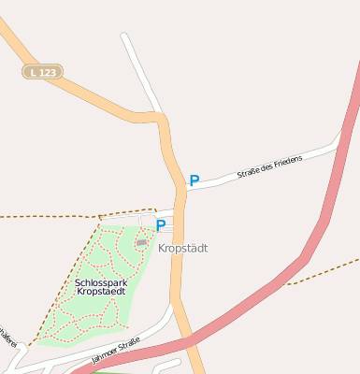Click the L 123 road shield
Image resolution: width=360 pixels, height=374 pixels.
(43, 71)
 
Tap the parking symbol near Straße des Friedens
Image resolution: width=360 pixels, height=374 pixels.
(194, 180)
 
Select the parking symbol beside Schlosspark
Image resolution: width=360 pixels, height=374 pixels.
(161, 225)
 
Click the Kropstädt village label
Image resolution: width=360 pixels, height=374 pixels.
(182, 249)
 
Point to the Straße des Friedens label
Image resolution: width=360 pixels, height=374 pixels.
(269, 167)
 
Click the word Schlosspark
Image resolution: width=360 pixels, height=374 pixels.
(101, 281)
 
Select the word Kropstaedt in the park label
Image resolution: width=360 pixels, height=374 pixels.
(101, 293)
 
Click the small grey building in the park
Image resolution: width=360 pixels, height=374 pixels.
(142, 243)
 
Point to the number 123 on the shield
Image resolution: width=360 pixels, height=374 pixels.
(48, 71)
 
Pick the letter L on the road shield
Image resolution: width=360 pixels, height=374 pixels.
(33, 71)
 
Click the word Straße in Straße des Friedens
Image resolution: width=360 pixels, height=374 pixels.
(248, 173)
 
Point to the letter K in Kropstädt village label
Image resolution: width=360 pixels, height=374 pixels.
(162, 249)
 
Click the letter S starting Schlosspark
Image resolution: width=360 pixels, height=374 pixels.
(78, 281)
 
